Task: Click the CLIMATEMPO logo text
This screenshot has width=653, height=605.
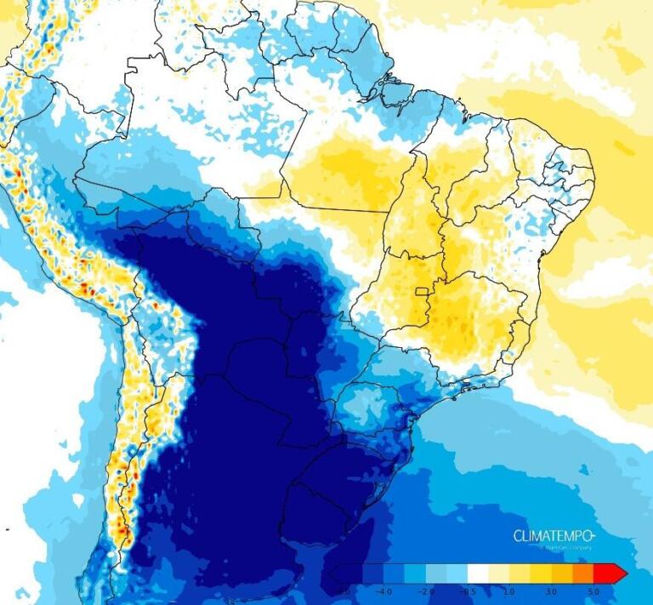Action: point(554,535)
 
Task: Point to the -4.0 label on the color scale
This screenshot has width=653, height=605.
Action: point(383,590)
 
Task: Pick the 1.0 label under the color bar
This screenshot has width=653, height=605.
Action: point(508,590)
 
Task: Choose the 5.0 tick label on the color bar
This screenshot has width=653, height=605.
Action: point(594,590)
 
